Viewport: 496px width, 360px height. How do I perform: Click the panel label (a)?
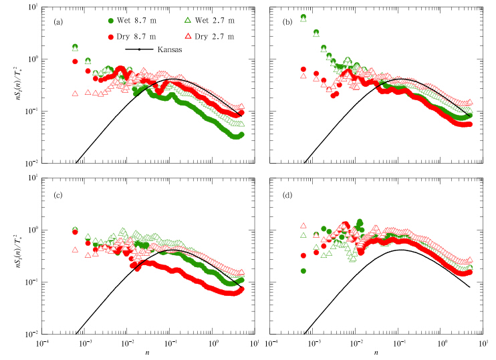(x=59, y=21)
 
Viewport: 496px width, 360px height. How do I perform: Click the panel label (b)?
(x=288, y=21)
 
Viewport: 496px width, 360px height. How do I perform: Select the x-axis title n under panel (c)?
(x=147, y=352)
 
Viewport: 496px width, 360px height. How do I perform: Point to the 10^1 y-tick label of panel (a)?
(x=31, y=7)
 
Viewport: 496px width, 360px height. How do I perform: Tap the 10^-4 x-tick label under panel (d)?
(x=271, y=343)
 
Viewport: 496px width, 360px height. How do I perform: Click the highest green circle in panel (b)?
(x=303, y=17)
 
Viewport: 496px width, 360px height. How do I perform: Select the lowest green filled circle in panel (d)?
(x=303, y=271)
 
